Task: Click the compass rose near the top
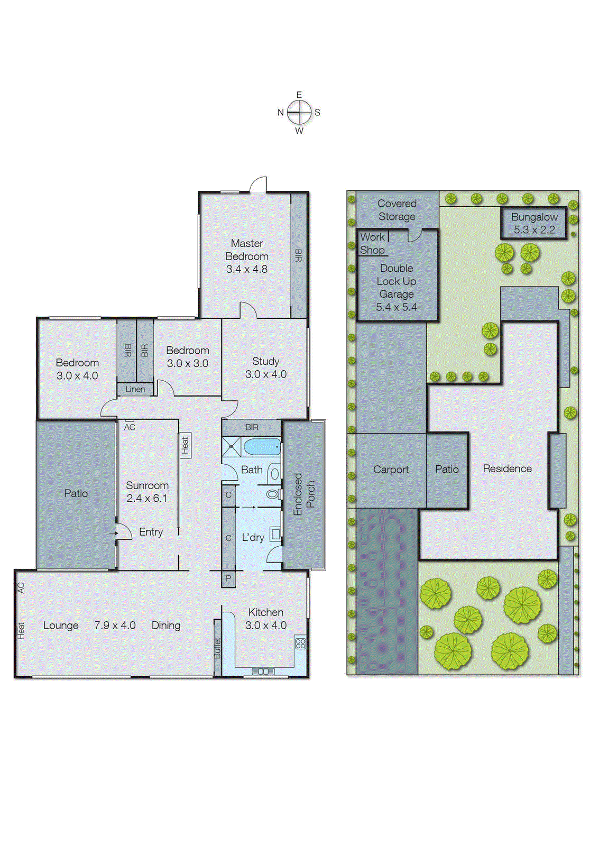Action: [299, 112]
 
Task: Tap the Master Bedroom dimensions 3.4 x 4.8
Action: [247, 269]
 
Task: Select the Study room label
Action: [265, 361]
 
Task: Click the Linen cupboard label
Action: [135, 389]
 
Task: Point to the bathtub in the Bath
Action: [262, 447]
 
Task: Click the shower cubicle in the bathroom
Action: [231, 447]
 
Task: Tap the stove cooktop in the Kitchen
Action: [300, 643]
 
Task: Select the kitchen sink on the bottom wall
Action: [263, 672]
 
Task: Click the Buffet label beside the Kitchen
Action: [217, 648]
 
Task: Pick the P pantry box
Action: [228, 578]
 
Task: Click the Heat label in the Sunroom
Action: [185, 445]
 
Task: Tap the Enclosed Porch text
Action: [304, 494]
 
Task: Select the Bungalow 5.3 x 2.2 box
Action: [534, 224]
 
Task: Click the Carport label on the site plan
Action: [391, 470]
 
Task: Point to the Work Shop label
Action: [373, 244]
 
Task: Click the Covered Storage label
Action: [397, 210]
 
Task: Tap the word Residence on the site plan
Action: [507, 468]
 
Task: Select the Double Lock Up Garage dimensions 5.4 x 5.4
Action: [397, 307]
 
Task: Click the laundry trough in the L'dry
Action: [275, 534]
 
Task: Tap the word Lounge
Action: [61, 626]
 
